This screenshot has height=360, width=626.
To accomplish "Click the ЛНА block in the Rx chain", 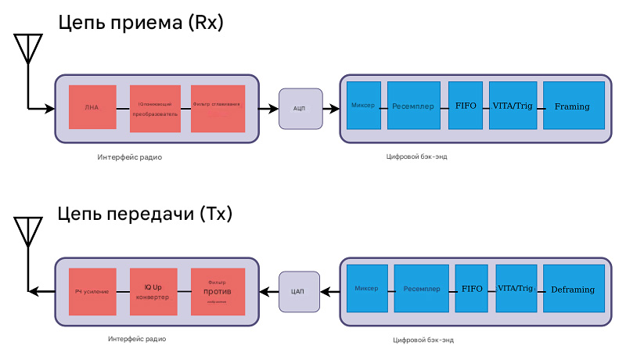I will pyautogui.click(x=92, y=108).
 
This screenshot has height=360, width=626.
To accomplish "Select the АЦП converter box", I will pyautogui.click(x=300, y=108).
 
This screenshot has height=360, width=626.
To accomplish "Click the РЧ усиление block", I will pyautogui.click(x=92, y=292).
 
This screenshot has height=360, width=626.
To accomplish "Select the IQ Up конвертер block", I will pyautogui.click(x=153, y=292).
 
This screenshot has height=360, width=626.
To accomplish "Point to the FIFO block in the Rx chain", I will pyautogui.click(x=466, y=106).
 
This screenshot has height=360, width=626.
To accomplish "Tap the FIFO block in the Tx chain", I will pyautogui.click(x=472, y=289).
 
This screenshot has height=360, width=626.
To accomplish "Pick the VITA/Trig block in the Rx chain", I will pyautogui.click(x=513, y=106).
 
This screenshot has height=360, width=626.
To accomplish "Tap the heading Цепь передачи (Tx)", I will pyautogui.click(x=146, y=214).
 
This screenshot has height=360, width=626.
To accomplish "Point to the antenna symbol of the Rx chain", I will pyautogui.click(x=27, y=49).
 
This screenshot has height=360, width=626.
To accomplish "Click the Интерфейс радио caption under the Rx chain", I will pyautogui.click(x=130, y=157).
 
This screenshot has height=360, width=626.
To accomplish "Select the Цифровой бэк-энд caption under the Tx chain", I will pyautogui.click(x=423, y=340).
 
